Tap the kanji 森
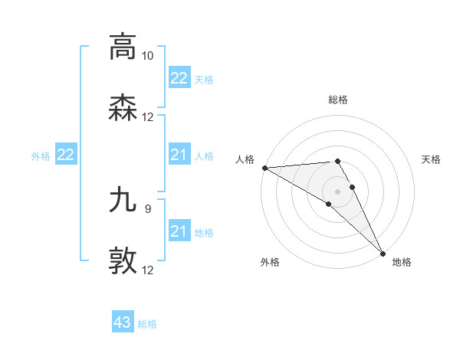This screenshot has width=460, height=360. pos(123,110)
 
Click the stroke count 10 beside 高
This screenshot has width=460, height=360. pos(148,56)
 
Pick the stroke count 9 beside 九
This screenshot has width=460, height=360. pos(148,207)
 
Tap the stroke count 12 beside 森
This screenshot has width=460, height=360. pos(148,117)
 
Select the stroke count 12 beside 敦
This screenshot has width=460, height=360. pos(148,270)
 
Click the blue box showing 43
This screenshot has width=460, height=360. pos(123,322)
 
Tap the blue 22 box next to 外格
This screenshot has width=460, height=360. pos(66,155)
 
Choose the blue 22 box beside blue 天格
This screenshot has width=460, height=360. pos(179,78)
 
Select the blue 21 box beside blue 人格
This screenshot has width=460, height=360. pos(179,155)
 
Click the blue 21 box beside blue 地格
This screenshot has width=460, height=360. pos(179,231)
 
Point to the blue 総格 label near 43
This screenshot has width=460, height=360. pos(147,324)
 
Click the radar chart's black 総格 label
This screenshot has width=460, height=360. pos(338,100)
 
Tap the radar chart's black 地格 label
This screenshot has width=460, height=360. pos(402,262)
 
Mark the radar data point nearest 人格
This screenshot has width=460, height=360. pos(264,168)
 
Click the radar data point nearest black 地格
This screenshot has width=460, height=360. pos(382,253)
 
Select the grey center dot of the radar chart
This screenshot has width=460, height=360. pos(338,191)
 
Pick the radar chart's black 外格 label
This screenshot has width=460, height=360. pos(270,262)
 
